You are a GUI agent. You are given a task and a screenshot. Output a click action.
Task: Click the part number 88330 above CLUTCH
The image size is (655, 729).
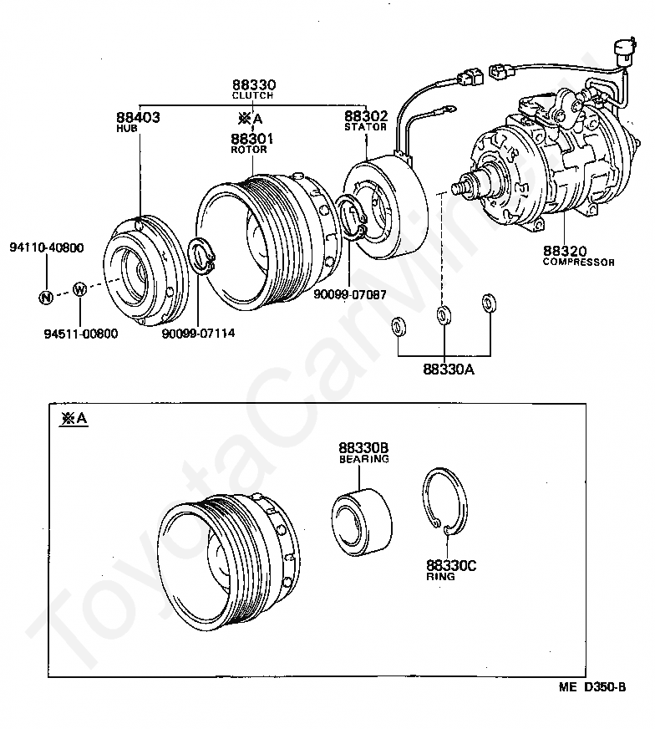254,85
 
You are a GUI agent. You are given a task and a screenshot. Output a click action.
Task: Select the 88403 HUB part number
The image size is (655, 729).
138,117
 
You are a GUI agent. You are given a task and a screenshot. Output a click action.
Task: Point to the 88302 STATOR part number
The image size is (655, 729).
366,116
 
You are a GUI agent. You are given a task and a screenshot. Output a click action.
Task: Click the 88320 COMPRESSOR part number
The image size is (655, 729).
564,250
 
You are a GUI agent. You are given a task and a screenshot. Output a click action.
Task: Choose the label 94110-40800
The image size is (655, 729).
47,248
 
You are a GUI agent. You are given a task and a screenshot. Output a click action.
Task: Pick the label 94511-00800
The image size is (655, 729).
81,334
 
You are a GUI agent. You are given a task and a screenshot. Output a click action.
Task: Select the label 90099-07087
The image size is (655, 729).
350,293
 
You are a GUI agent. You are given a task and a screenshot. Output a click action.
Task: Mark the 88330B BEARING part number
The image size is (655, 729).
364,447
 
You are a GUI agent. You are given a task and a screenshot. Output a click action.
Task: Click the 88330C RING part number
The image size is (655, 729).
450,565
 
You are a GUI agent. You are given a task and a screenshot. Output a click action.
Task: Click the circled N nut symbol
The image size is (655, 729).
46,297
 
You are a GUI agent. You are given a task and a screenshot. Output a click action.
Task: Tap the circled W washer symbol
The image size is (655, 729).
80,290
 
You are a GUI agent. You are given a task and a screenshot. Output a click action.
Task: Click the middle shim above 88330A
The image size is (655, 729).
443,315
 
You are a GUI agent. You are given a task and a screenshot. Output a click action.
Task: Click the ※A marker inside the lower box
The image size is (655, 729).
73,419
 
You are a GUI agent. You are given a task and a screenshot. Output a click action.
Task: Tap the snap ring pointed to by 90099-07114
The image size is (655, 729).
201,255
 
